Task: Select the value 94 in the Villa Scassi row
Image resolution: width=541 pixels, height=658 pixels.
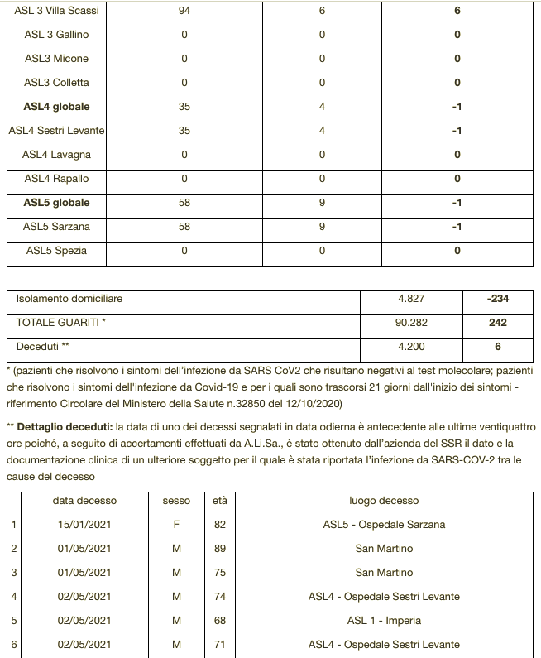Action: click(184, 11)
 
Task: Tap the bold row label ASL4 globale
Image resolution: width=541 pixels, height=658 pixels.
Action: click(56, 107)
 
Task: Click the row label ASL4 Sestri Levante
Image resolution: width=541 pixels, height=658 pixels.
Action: click(56, 131)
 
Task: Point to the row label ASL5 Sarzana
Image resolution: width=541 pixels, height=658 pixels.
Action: click(56, 227)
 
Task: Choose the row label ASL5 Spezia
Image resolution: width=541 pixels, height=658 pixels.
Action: click(56, 251)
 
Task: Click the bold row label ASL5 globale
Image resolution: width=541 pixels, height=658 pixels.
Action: click(56, 203)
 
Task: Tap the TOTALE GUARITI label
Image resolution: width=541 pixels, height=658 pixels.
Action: click(61, 323)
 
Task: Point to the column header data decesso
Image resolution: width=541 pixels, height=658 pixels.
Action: click(84, 501)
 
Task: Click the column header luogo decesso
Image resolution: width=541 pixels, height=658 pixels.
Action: click(384, 501)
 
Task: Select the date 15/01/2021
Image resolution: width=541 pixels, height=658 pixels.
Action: click(84, 525)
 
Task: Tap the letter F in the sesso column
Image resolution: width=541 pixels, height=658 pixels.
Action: click(176, 525)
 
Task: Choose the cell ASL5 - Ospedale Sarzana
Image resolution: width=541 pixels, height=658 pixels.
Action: click(384, 525)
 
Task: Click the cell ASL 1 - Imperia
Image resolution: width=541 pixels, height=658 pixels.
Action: click(384, 621)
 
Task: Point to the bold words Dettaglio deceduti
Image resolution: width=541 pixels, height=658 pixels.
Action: click(65, 427)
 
